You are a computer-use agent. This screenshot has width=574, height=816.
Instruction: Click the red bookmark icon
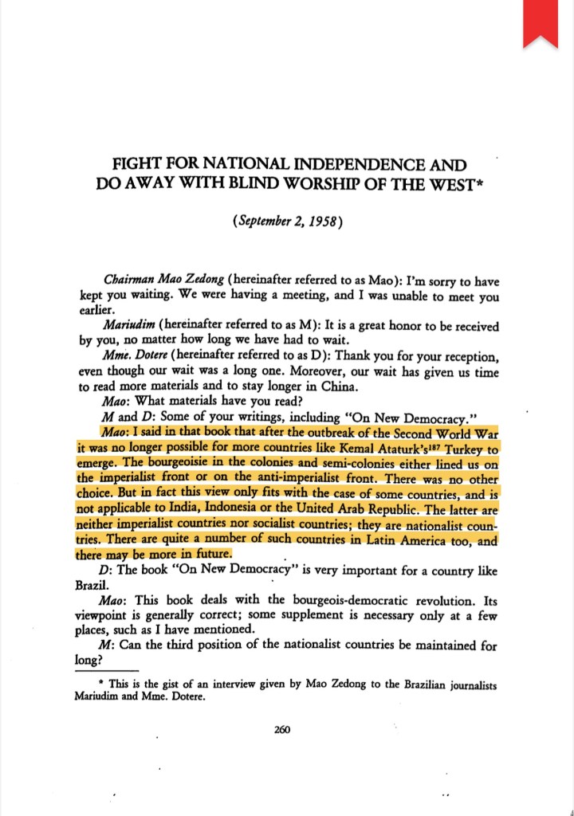click(x=540, y=22)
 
